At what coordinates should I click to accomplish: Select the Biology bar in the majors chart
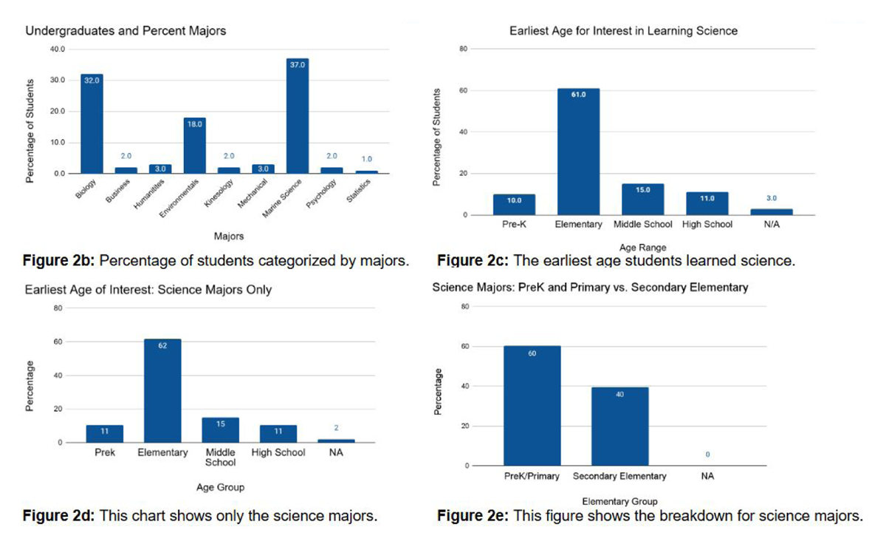(x=92, y=123)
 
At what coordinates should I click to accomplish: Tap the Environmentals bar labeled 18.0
(x=195, y=145)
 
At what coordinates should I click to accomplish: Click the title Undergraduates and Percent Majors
(x=126, y=31)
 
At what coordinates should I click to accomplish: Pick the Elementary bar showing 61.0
(x=578, y=152)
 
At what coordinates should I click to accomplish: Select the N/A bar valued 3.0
(x=771, y=212)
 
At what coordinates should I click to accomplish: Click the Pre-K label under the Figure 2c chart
(x=513, y=224)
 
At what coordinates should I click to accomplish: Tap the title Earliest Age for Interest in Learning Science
(x=623, y=31)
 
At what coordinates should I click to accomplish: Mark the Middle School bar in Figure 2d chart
(x=220, y=430)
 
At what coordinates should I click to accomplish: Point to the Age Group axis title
(x=220, y=487)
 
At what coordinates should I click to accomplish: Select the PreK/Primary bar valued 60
(x=532, y=406)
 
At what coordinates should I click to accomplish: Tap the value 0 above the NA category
(x=707, y=454)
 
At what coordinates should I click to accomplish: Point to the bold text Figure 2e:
(x=472, y=515)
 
